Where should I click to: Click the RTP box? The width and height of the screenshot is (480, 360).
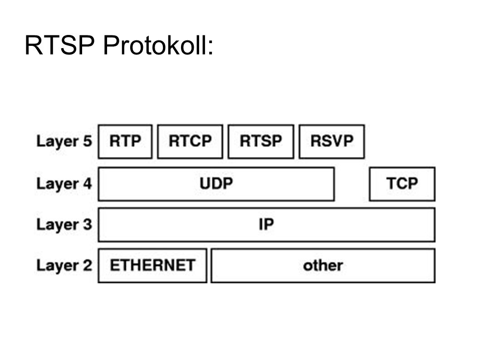pyautogui.click(x=125, y=142)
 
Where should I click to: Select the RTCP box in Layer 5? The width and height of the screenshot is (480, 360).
pyautogui.click(x=190, y=142)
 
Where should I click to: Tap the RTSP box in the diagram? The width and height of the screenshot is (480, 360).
pyautogui.click(x=261, y=142)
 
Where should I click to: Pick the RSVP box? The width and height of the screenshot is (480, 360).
pyautogui.click(x=332, y=142)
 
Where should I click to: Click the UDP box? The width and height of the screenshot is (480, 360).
pyautogui.click(x=216, y=184)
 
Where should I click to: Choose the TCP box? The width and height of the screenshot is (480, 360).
pyautogui.click(x=402, y=184)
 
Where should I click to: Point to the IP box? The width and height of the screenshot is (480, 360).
pyautogui.click(x=267, y=225)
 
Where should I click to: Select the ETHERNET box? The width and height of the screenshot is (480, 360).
pyautogui.click(x=152, y=266)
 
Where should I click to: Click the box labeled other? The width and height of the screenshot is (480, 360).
pyautogui.click(x=323, y=266)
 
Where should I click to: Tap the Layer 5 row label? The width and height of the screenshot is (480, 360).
pyautogui.click(x=64, y=141)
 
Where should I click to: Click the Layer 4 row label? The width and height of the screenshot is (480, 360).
pyautogui.click(x=64, y=184)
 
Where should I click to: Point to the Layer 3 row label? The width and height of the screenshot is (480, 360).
pyautogui.click(x=64, y=225)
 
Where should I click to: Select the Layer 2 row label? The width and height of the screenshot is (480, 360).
pyautogui.click(x=64, y=265)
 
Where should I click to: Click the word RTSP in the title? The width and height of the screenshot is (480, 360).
pyautogui.click(x=60, y=45)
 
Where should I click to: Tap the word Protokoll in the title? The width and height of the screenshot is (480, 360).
pyautogui.click(x=155, y=45)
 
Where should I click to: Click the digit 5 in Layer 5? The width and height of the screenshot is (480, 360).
pyautogui.click(x=88, y=141)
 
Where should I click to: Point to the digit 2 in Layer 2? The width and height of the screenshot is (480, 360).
pyautogui.click(x=88, y=265)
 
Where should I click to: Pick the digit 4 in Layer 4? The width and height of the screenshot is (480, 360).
pyautogui.click(x=88, y=183)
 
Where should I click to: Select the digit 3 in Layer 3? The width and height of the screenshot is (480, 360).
pyautogui.click(x=88, y=224)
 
